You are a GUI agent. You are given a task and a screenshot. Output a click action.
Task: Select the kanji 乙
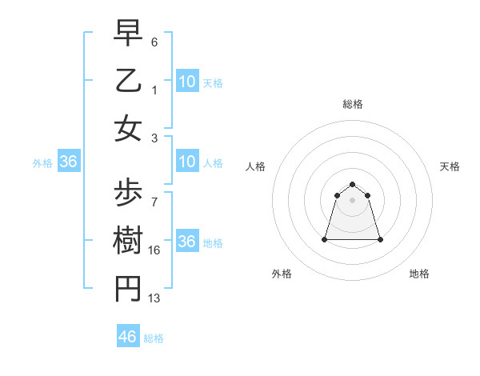tap(128, 80)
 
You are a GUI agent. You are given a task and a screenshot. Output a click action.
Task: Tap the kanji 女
tap(128, 128)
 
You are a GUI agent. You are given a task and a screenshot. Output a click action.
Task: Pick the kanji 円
tap(128, 289)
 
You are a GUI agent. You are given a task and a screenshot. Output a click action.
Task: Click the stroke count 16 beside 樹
tap(154, 250)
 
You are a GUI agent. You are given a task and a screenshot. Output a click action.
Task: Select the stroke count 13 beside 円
tap(154, 298)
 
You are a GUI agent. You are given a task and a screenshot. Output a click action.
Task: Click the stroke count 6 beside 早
tap(154, 42)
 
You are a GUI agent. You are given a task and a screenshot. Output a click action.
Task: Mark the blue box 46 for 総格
tap(128, 337)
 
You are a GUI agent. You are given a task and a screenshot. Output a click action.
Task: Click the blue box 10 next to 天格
tap(187, 81)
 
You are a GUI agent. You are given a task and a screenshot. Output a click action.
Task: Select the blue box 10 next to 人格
tap(187, 162)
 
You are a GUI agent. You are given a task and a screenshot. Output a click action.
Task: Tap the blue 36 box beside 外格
tap(69, 162)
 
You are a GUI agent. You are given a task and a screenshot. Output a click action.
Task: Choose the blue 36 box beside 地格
tap(187, 242)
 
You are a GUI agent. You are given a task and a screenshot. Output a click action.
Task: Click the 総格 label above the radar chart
tap(353, 104)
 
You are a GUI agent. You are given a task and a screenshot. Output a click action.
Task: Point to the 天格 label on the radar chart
tap(450, 166)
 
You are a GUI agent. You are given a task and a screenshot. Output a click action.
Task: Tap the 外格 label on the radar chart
tap(282, 274)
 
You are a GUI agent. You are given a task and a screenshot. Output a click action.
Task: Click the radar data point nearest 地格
tap(380, 239)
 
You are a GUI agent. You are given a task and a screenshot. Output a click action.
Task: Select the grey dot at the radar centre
tap(353, 200)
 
